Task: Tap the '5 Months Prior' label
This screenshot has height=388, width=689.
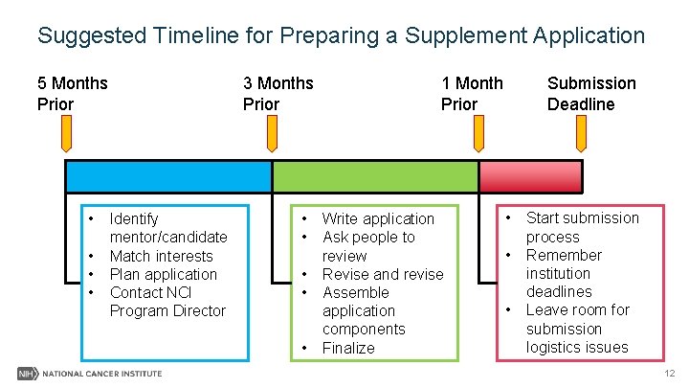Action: click(72, 93)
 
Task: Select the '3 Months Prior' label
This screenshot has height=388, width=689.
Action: click(278, 93)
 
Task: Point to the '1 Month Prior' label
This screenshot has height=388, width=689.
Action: click(471, 93)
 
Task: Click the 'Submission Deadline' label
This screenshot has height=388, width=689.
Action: click(590, 93)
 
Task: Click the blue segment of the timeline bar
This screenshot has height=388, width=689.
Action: click(168, 176)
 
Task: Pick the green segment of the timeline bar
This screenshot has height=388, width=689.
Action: click(375, 176)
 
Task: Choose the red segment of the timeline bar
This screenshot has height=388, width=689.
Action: click(530, 176)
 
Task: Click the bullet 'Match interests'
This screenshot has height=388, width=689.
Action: click(161, 256)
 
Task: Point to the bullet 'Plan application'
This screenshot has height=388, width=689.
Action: click(163, 274)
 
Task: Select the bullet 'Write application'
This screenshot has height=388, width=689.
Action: click(378, 219)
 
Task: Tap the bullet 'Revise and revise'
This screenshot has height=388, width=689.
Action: click(382, 274)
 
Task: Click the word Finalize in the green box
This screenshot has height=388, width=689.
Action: click(348, 348)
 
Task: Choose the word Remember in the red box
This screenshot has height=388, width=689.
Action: click(564, 256)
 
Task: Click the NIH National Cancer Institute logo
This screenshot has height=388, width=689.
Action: click(90, 373)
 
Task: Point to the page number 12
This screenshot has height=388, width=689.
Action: click(668, 373)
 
